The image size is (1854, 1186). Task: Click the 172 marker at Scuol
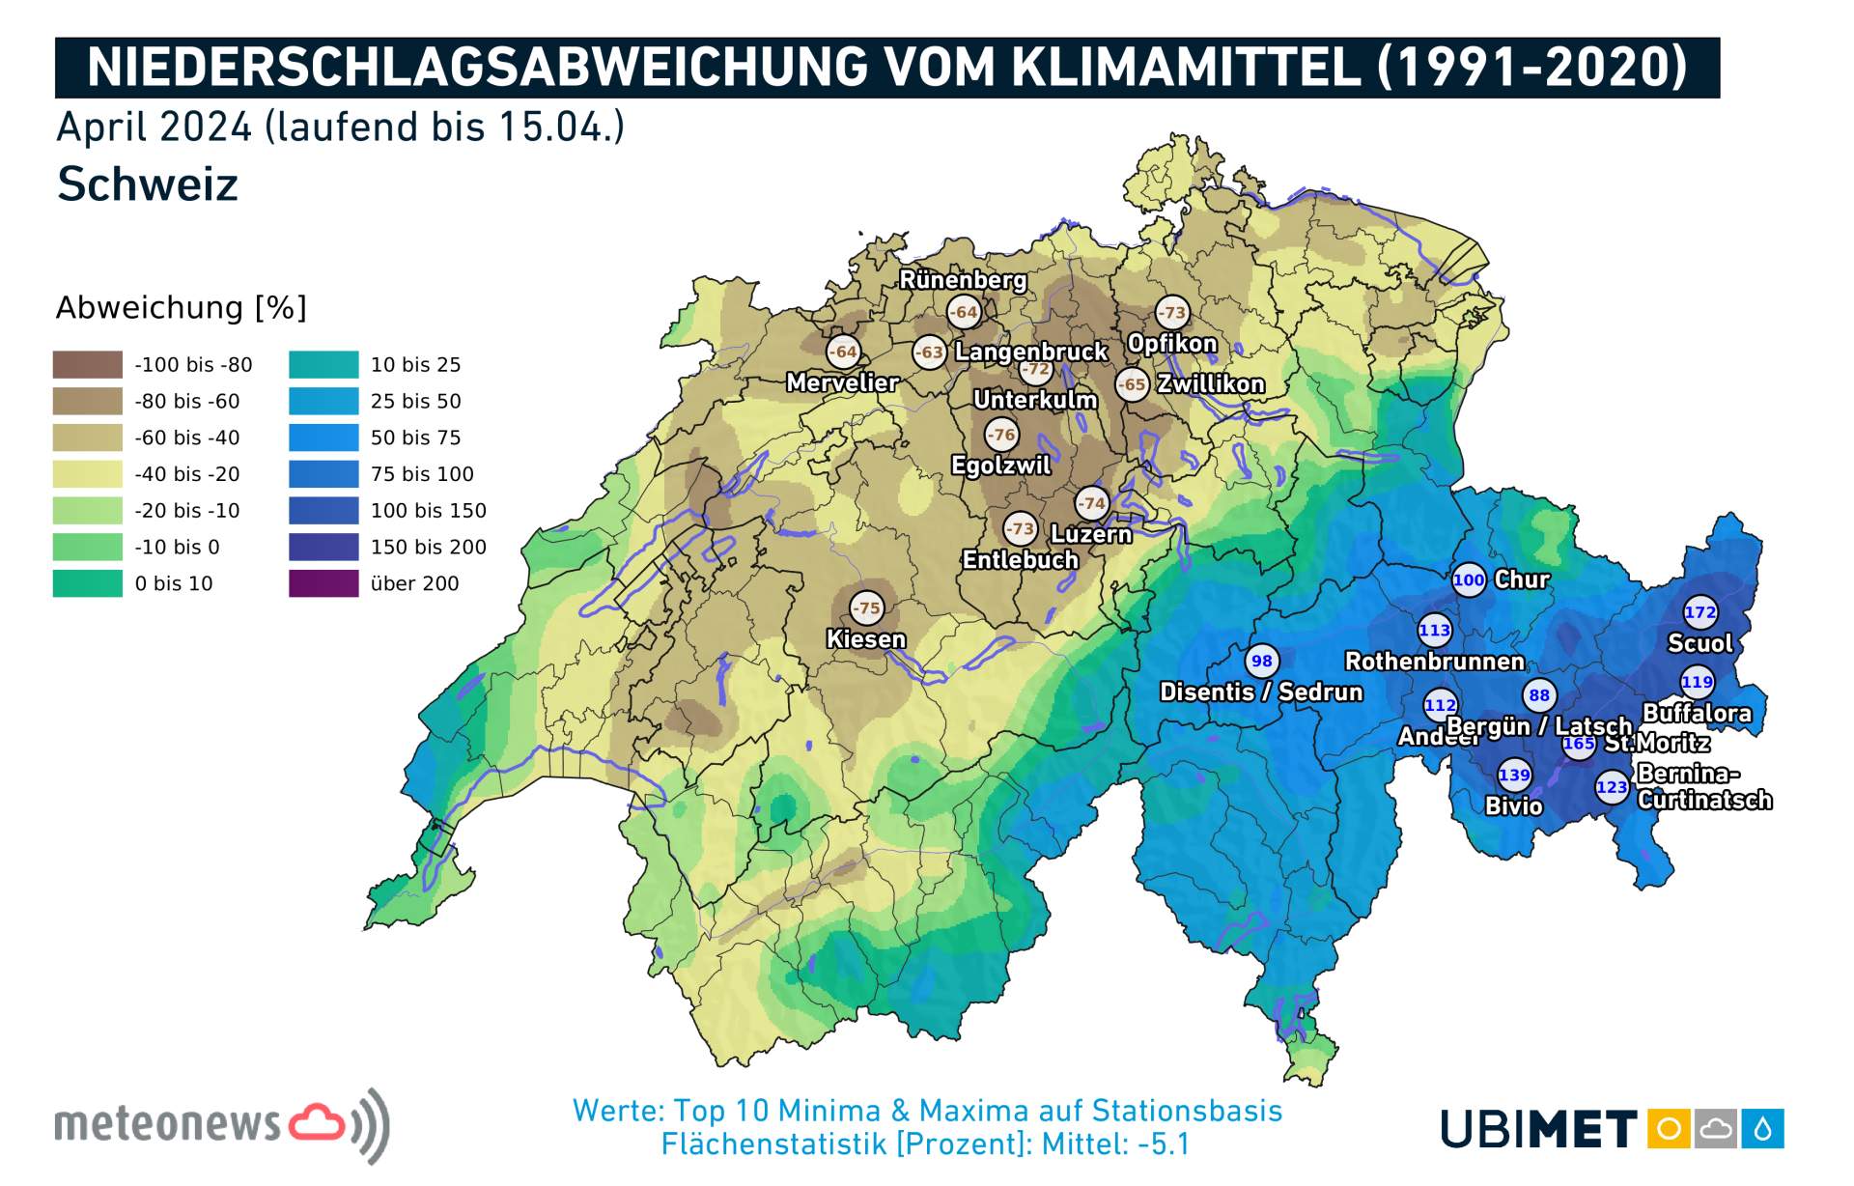[1699, 611]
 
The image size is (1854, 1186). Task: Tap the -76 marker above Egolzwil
[1001, 435]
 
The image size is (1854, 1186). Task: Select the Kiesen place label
[866, 639]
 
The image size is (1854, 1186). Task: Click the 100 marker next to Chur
[1469, 579]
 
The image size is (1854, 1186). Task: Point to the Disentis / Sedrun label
[1261, 692]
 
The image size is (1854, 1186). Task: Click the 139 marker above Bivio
[1514, 775]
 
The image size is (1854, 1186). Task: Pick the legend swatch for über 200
[323, 583]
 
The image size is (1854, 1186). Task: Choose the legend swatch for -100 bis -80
[88, 365]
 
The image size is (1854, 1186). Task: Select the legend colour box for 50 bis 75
[323, 438]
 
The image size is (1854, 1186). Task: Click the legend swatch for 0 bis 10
[88, 583]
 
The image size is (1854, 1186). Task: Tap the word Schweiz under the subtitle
[148, 184]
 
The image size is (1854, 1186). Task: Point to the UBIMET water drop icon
[1762, 1128]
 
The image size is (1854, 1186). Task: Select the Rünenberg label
[963, 280]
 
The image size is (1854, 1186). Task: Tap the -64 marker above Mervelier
[843, 352]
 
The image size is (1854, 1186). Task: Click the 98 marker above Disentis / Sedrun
[1261, 661]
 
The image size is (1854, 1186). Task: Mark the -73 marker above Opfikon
[1172, 312]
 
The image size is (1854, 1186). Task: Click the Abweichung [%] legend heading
[182, 308]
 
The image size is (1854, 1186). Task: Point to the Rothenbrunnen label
[1435, 662]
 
